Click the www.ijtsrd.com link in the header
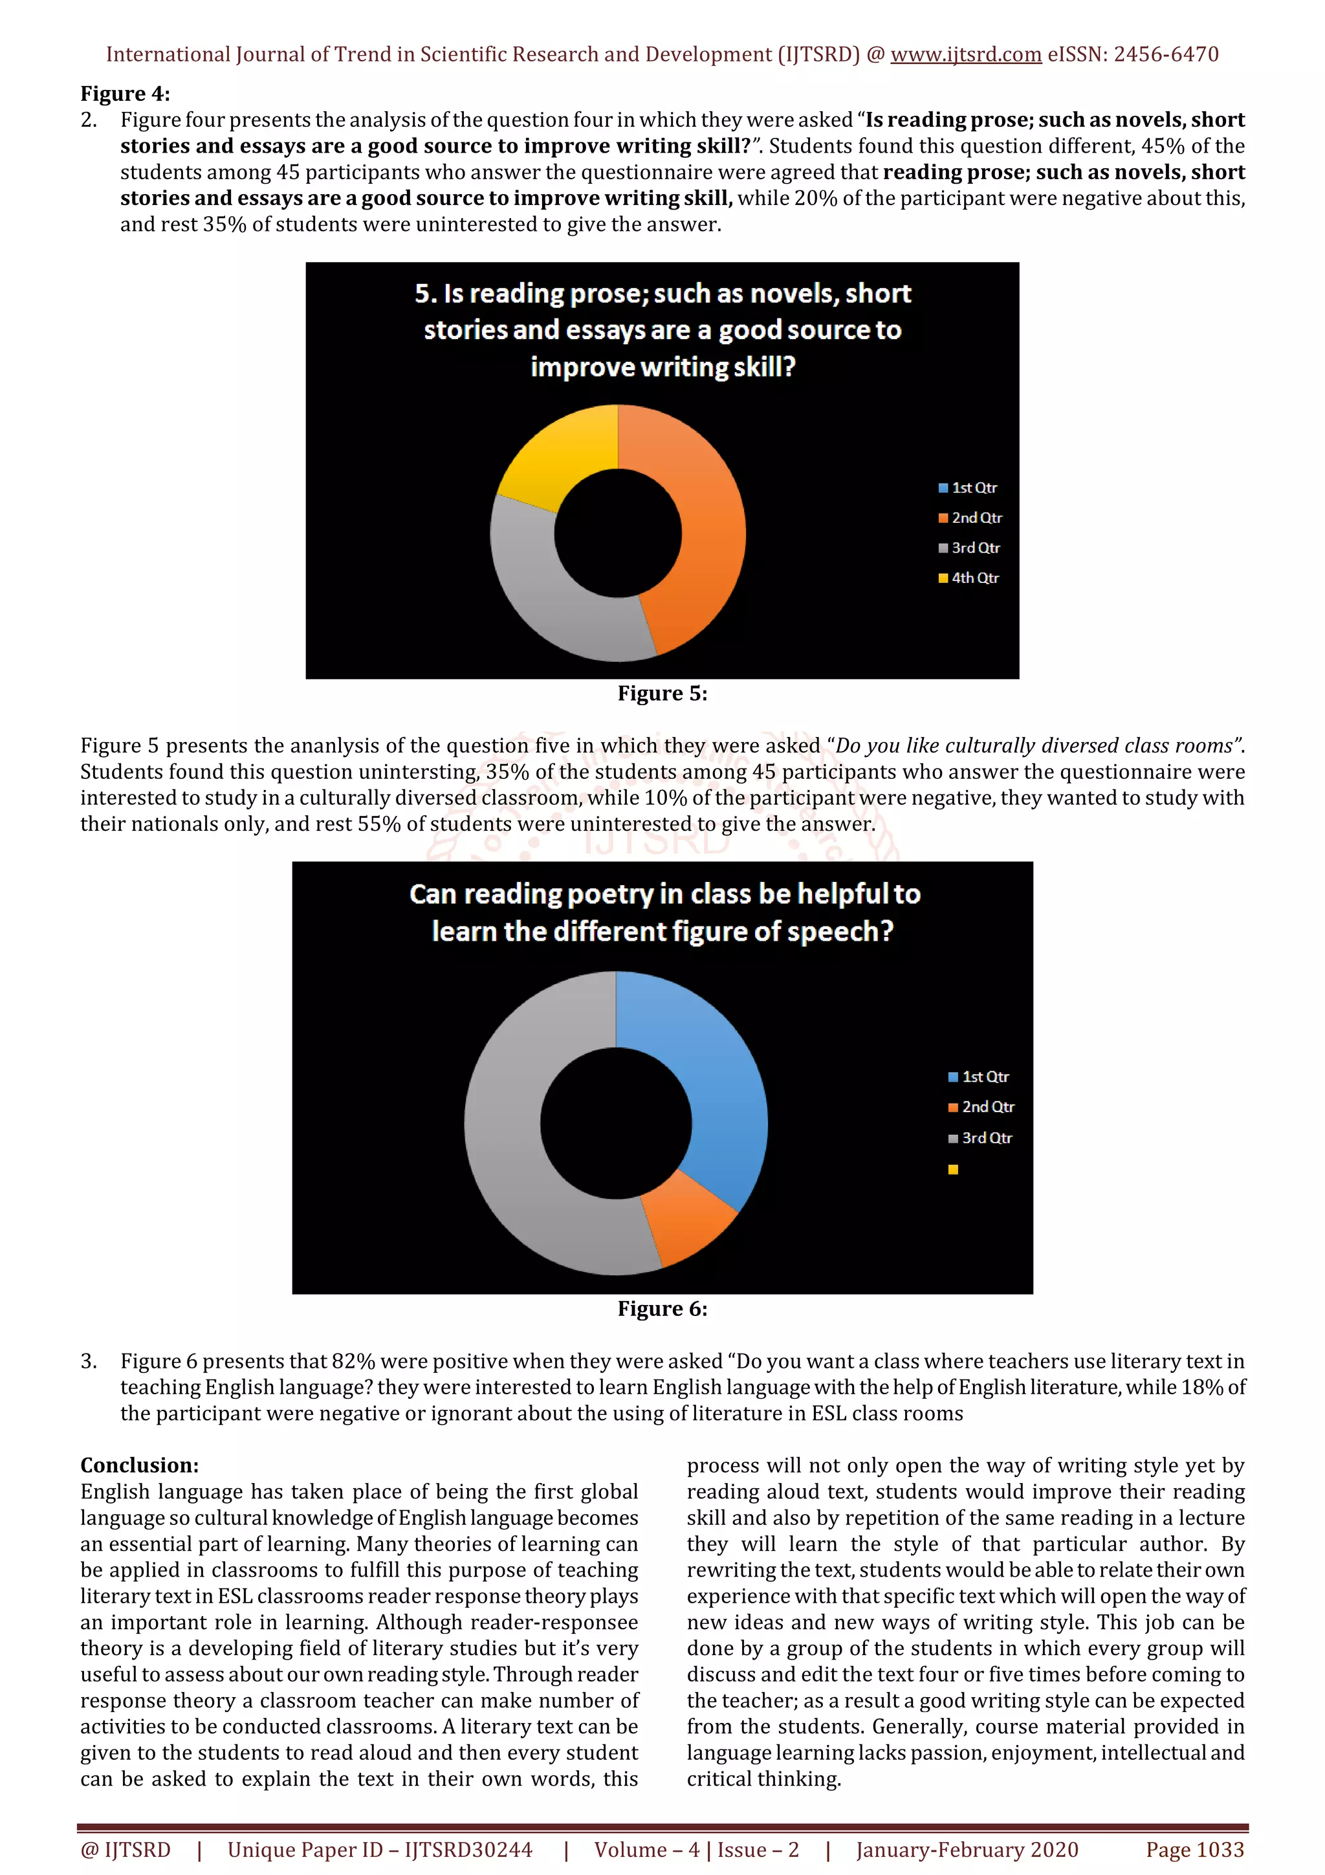tap(965, 55)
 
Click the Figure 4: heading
tap(125, 94)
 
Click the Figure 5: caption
tap(662, 694)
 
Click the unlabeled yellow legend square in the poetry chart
tap(953, 1169)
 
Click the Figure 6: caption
tap(662, 1309)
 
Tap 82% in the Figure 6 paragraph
tap(353, 1361)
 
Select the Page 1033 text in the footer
tap(1194, 1850)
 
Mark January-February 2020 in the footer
tap(967, 1850)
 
